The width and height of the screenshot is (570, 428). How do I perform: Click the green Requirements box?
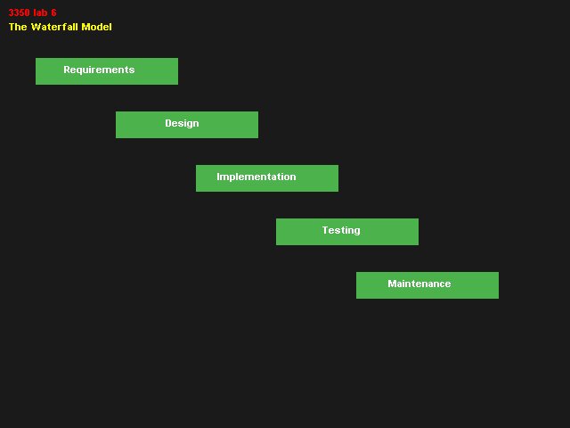(x=107, y=71)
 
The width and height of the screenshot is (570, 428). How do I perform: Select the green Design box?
(x=187, y=125)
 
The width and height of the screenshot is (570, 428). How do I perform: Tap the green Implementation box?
(x=267, y=178)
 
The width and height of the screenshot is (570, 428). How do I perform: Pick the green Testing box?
(x=347, y=232)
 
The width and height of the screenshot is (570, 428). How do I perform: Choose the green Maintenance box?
(x=427, y=285)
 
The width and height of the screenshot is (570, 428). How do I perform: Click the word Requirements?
(x=99, y=70)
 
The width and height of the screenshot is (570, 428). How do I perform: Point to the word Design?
(x=182, y=124)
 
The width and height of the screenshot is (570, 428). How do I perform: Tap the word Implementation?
(x=256, y=177)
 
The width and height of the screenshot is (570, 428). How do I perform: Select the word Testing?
(x=341, y=231)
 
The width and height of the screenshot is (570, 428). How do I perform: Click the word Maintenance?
(x=419, y=284)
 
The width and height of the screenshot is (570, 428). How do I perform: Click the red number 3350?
(x=20, y=12)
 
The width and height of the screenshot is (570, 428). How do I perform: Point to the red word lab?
(x=40, y=12)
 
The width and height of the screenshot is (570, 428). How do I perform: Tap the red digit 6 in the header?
(x=53, y=12)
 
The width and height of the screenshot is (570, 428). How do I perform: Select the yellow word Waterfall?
(x=54, y=27)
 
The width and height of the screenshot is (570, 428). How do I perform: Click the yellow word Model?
(x=97, y=27)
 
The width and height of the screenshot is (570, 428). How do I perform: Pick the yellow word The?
(x=18, y=27)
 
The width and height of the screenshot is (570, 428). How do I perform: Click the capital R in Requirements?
(x=67, y=70)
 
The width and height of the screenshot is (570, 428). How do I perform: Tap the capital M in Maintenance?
(x=392, y=284)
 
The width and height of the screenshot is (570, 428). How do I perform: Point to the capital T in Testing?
(x=326, y=230)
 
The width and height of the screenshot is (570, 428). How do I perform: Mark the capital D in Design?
(x=168, y=123)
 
